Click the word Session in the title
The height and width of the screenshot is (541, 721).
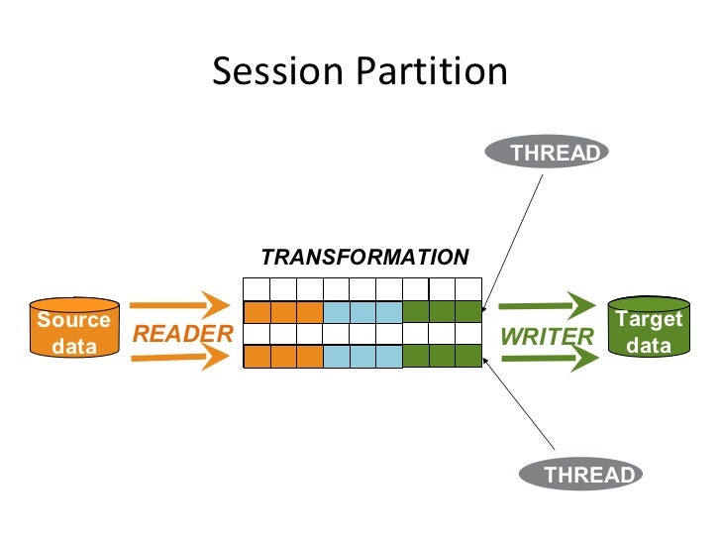271,71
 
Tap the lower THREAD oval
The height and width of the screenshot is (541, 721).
590,475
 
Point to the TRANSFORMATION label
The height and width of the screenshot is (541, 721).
364,258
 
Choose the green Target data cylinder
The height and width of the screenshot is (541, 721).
649,327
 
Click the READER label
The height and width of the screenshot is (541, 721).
181,335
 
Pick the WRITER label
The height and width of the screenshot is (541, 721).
547,337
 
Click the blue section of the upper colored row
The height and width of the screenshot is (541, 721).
363,311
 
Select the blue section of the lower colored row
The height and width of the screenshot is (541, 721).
363,357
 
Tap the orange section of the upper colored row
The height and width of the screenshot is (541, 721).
283,311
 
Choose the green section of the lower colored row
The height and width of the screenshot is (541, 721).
443,357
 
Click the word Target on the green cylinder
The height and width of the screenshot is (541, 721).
649,319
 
